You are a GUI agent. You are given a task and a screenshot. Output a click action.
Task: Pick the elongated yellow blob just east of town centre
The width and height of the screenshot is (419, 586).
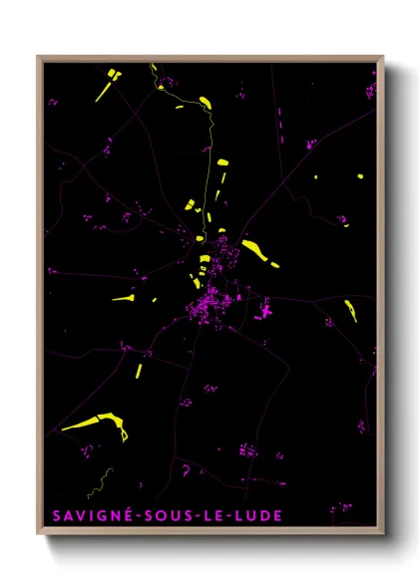259,253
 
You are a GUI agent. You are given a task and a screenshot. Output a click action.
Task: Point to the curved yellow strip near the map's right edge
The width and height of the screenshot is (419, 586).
350,310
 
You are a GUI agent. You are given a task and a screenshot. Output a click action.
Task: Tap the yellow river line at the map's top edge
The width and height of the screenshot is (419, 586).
154,72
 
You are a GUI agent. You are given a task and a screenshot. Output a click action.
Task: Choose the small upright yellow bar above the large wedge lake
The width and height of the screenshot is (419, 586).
140,370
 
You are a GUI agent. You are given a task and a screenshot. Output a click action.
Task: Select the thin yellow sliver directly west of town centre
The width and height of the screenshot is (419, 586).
124,297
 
